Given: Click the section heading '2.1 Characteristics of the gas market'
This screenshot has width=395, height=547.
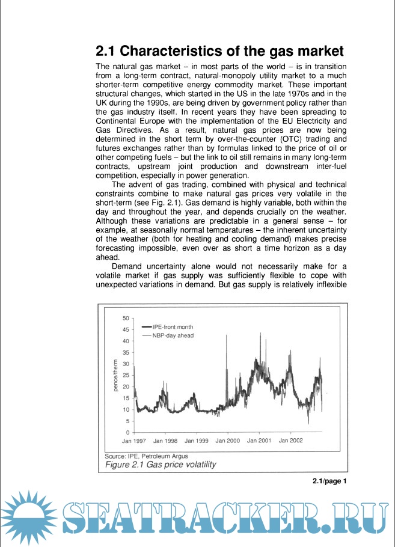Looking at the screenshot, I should coord(220,50).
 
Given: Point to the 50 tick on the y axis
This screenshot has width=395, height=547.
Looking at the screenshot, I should coord(126,318).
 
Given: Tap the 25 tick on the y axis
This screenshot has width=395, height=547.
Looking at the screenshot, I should coord(126,375).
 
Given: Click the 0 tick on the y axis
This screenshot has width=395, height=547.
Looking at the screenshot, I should coord(127,433).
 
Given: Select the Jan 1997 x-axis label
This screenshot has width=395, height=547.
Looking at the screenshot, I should coord(135,441).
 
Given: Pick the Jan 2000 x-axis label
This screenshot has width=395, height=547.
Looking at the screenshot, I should coord(228,441).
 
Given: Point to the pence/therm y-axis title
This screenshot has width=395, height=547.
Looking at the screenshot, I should coord(115,375).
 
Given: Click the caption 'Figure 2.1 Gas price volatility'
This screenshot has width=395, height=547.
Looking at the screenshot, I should coord(161,465).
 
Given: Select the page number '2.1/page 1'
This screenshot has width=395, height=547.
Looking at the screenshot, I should coord(330,481).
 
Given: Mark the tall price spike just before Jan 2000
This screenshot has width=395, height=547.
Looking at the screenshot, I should coord(225,337).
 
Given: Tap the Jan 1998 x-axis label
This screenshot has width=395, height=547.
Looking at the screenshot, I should coord(166,441).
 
